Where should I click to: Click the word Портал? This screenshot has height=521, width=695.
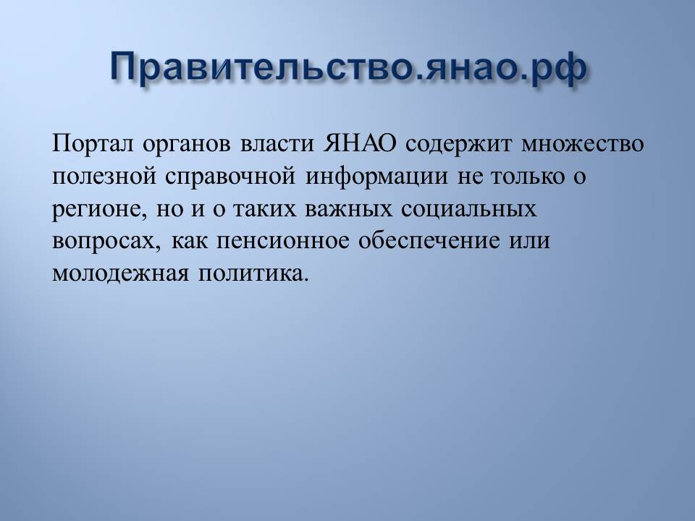click(93, 144)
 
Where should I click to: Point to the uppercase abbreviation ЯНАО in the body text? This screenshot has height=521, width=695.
click(360, 143)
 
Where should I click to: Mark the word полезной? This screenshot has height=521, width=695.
click(104, 177)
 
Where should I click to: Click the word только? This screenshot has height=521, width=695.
click(528, 177)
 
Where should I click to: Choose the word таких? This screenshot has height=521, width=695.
click(265, 209)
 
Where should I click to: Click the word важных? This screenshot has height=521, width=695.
click(348, 209)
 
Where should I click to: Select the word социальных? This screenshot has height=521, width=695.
click(469, 209)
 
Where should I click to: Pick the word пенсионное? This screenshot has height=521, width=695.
click(283, 242)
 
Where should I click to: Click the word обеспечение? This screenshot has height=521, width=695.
click(429, 240)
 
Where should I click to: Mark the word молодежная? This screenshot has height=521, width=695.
click(120, 274)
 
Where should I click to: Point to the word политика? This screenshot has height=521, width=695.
click(253, 274)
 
